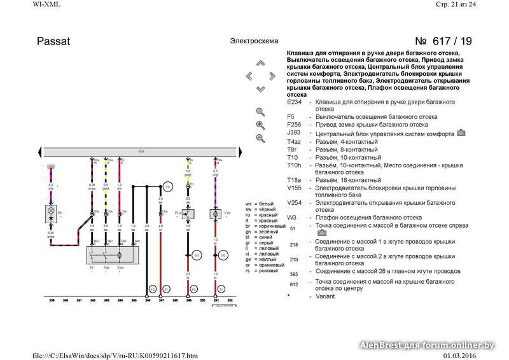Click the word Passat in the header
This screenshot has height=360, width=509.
(x=53, y=41)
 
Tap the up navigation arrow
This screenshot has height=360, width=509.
(x=260, y=63)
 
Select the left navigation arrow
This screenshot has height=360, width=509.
(x=249, y=76)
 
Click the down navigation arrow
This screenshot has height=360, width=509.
(x=260, y=88)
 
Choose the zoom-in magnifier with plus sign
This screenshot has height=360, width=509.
(x=260, y=125)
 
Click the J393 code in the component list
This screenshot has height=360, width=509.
(x=293, y=133)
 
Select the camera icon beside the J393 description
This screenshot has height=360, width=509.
(x=461, y=133)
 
